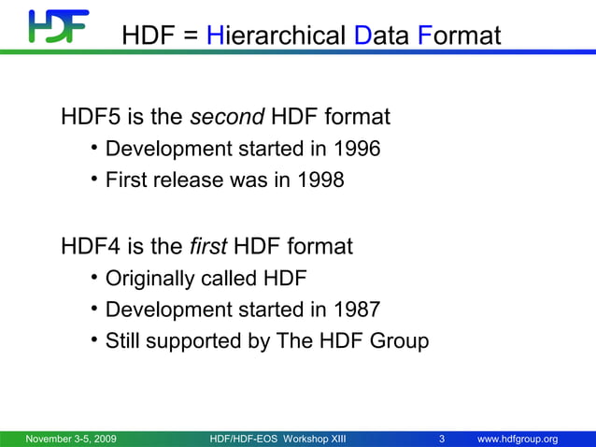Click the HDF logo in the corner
(x=57, y=26)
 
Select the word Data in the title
(x=382, y=36)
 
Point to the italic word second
(x=228, y=118)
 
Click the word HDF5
(x=90, y=118)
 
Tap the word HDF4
(x=90, y=247)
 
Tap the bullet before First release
(x=94, y=179)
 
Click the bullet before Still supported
(x=94, y=339)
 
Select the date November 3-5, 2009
(x=71, y=440)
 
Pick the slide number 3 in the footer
(x=441, y=440)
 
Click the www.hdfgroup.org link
(x=518, y=440)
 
